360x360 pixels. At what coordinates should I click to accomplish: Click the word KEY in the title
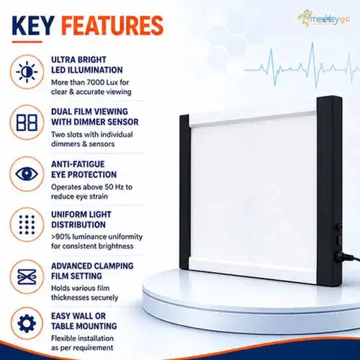point(33,25)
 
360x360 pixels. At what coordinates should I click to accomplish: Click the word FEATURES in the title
point(112,25)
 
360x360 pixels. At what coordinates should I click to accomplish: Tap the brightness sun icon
point(27,72)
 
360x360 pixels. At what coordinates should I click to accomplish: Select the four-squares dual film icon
point(27,122)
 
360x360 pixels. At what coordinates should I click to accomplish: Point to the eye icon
point(27,174)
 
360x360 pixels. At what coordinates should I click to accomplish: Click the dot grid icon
point(27,225)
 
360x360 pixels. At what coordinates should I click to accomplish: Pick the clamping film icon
point(27,276)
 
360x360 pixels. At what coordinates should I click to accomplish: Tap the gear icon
point(27,323)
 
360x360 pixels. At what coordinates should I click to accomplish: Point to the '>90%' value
point(61,237)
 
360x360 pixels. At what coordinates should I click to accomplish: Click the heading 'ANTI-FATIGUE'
point(78,164)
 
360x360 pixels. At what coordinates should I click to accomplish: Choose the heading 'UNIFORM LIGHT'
point(81,215)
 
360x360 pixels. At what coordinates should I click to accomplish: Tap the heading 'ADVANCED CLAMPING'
point(92,266)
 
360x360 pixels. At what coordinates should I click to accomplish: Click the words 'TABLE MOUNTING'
point(84,326)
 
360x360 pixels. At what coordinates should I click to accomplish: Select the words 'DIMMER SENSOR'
point(106,122)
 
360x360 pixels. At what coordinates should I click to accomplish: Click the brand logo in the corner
point(323,19)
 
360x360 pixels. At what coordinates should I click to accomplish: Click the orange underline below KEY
point(27,42)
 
